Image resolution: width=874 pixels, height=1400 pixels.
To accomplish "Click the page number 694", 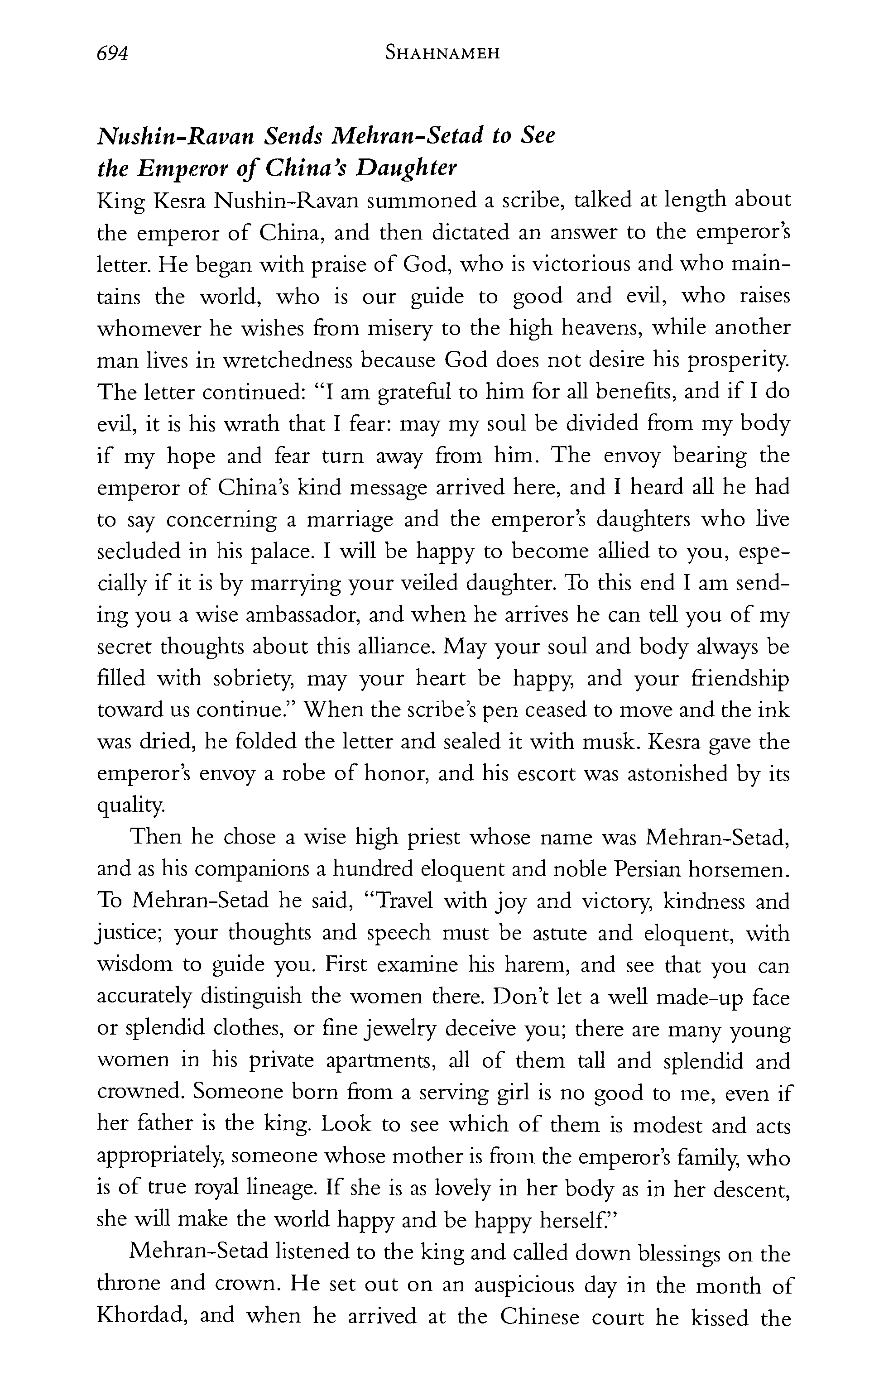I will [x=112, y=54].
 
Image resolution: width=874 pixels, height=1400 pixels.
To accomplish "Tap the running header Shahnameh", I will [x=442, y=54].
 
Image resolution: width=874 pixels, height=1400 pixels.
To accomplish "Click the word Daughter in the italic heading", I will [x=406, y=168].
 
